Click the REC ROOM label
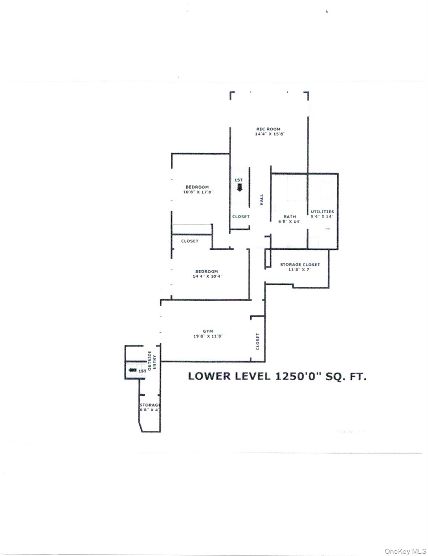[x=268, y=129]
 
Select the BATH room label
[x=289, y=216]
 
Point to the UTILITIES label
[x=322, y=211]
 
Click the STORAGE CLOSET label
[x=300, y=265]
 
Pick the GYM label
[x=208, y=331]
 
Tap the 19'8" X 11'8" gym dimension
[x=208, y=336]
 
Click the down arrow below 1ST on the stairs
[x=239, y=187]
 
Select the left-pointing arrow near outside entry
[x=132, y=370]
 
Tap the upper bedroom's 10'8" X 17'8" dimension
[x=198, y=192]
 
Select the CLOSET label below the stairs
[x=241, y=216]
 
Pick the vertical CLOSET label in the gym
[x=258, y=341]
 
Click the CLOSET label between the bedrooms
[x=190, y=241]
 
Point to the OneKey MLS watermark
[x=405, y=551]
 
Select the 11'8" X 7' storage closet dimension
[x=300, y=269]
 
